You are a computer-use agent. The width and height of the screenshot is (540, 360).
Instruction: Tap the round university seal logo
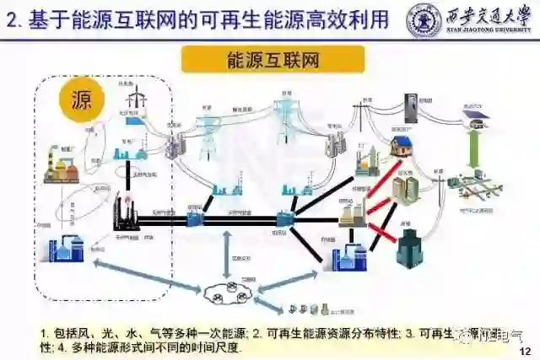click(424, 19)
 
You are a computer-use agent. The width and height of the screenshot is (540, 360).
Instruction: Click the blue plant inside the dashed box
click(65, 250)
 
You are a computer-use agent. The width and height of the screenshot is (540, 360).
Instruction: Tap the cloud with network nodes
click(229, 293)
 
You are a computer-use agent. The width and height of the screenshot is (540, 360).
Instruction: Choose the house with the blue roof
click(401, 147)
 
